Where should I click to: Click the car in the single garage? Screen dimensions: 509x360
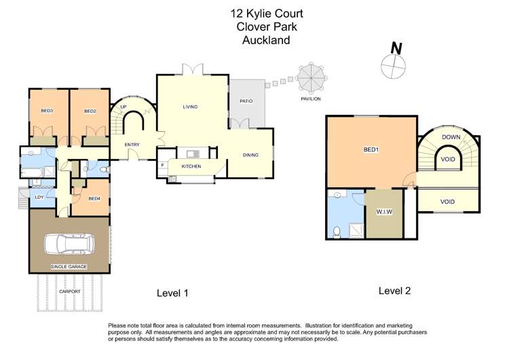tap(69, 244)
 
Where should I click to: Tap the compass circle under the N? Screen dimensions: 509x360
tap(393, 67)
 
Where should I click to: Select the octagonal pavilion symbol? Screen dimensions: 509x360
tap(312, 77)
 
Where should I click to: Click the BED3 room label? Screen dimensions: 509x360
tap(47, 111)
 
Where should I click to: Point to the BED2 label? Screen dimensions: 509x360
tap(90, 111)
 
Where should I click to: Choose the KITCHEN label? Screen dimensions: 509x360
tap(191, 166)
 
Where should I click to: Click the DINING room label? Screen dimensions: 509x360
tap(250, 155)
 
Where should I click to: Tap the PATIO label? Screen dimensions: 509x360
tap(246, 101)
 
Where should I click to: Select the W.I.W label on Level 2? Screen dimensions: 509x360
tap(384, 212)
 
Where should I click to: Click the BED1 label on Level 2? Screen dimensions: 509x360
tap(371, 150)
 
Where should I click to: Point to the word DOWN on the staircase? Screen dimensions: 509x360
tap(451, 137)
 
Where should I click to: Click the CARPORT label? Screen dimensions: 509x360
tap(69, 291)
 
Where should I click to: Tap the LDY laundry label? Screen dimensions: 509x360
tap(39, 197)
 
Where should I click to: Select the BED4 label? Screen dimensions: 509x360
tap(94, 198)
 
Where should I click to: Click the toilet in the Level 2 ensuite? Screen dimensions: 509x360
tap(337, 232)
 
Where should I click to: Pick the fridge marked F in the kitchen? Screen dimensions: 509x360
tap(163, 165)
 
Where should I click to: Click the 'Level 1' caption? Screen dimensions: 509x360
tap(172, 293)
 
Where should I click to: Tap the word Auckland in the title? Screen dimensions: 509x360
tap(266, 40)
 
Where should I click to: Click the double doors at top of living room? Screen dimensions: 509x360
tap(193, 69)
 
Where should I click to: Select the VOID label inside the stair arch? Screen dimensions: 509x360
tap(448, 160)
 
